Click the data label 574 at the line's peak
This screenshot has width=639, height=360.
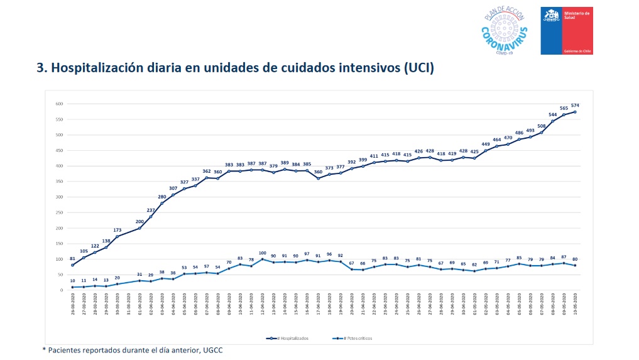pos(575,105)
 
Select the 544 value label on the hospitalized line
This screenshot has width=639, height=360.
pos(552,114)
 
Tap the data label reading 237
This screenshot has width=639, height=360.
pos(151,210)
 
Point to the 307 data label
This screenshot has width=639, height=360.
pos(173,188)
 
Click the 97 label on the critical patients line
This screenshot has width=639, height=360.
pos(307,253)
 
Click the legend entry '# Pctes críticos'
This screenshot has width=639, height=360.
pos(354,338)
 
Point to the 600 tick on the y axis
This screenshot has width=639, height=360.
pos(60,104)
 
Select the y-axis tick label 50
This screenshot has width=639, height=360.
pos(62,275)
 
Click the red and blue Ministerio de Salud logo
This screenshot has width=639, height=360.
pos(567,31)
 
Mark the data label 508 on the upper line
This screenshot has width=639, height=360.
pos(541,126)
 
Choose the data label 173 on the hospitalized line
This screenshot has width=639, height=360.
pos(117,230)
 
